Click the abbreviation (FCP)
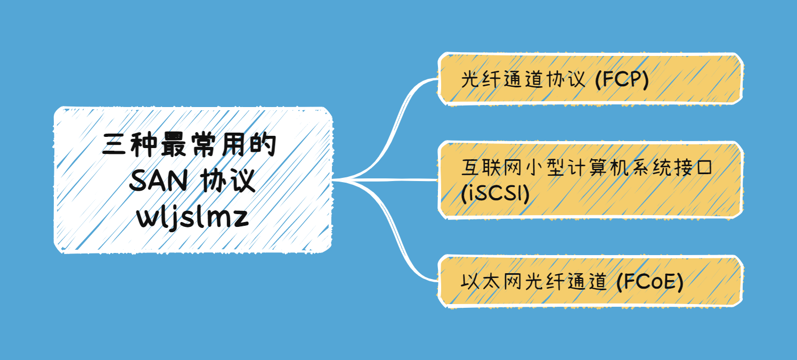[x=621, y=81]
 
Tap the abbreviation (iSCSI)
[x=495, y=194]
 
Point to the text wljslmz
[x=193, y=217]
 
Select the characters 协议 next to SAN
[x=229, y=182]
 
